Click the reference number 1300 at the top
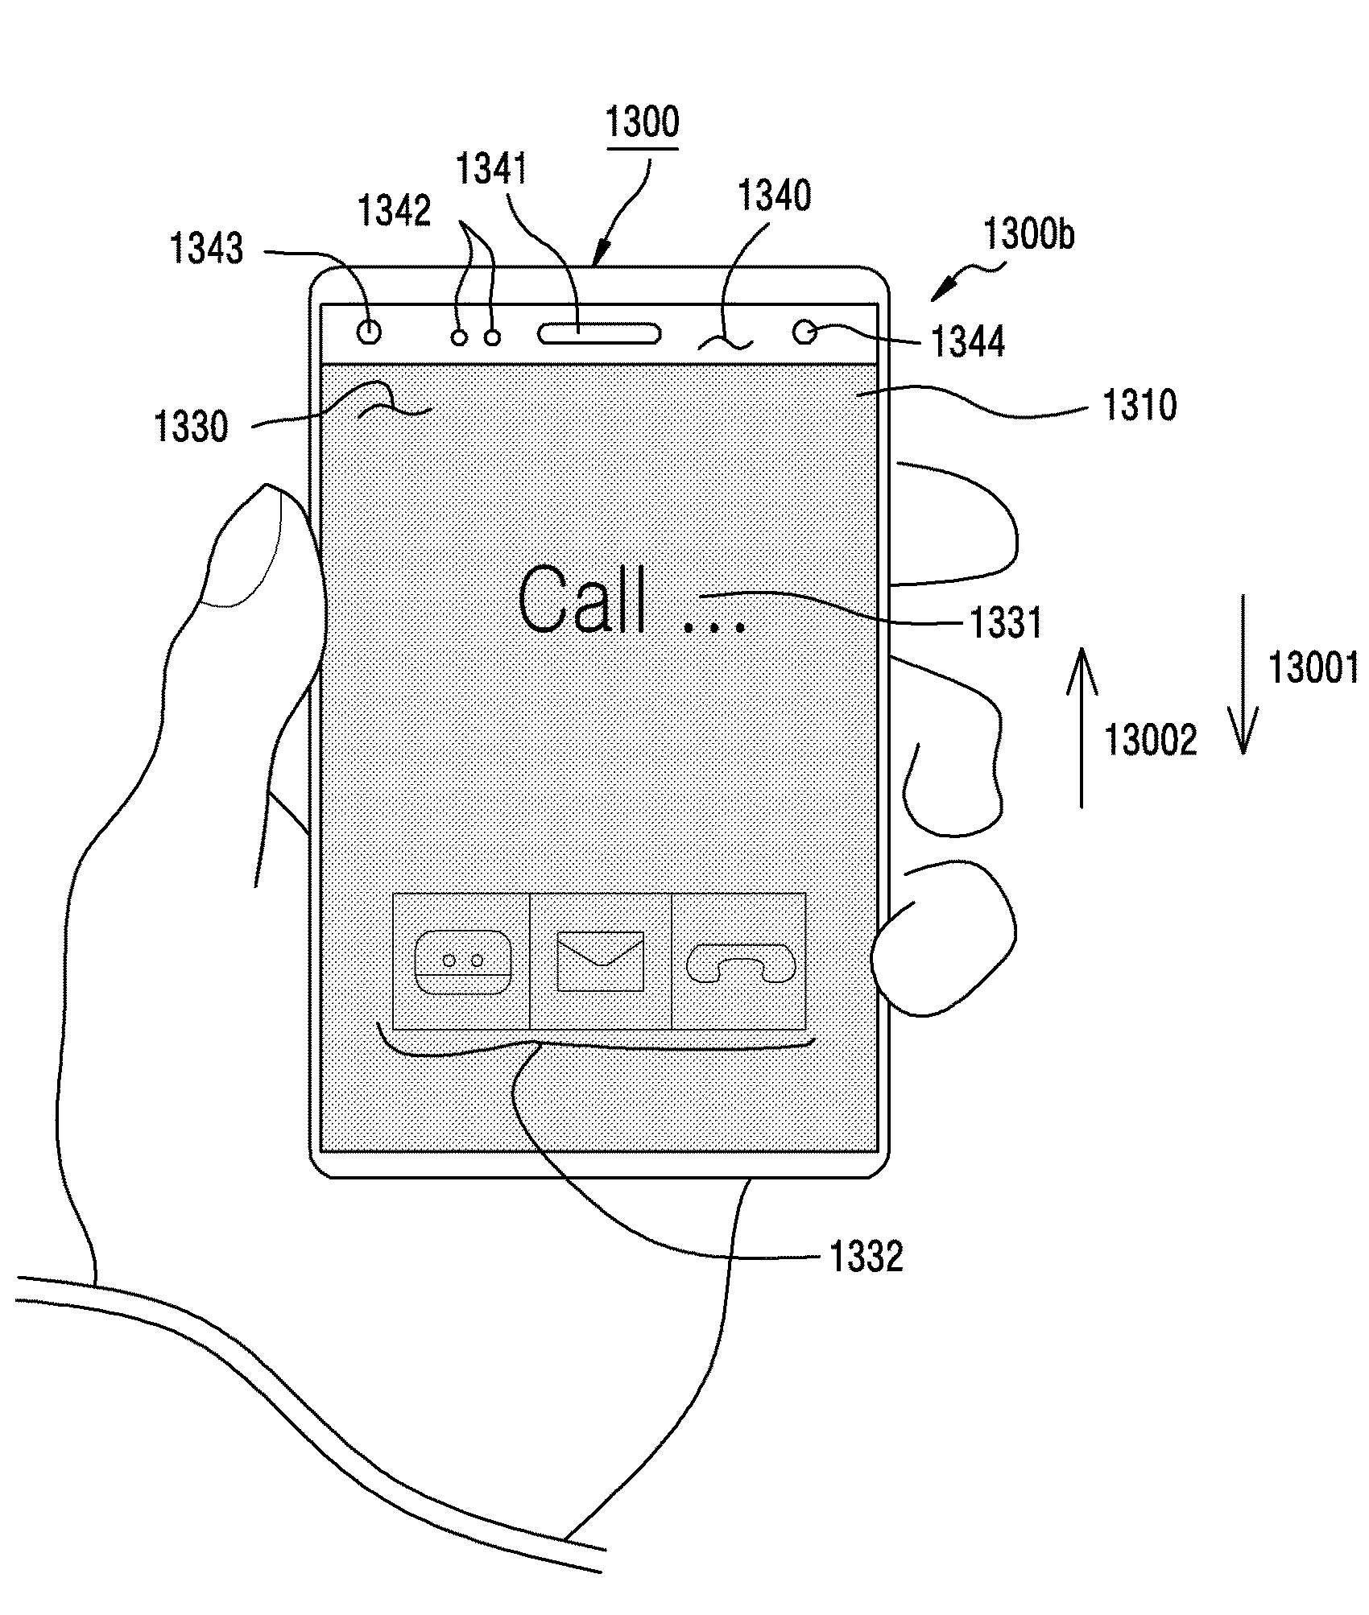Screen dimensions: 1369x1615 (x=642, y=122)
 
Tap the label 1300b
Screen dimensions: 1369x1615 (x=1028, y=235)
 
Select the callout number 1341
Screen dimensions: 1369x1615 (x=491, y=169)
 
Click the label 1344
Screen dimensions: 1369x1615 (x=968, y=341)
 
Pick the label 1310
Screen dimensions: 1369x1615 (x=1139, y=405)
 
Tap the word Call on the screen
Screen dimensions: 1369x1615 (x=582, y=601)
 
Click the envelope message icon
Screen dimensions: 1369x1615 (x=601, y=961)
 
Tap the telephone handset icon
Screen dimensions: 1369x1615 (x=740, y=963)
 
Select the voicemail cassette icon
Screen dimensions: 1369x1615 (x=462, y=962)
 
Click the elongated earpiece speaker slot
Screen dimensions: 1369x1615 (x=600, y=332)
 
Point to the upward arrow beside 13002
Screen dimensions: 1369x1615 (x=1082, y=728)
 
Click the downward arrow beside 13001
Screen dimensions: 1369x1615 (x=1243, y=674)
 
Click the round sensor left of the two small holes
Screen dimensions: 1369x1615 (x=370, y=331)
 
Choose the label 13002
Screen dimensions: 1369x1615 (x=1150, y=740)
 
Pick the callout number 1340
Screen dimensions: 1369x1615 (x=774, y=196)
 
